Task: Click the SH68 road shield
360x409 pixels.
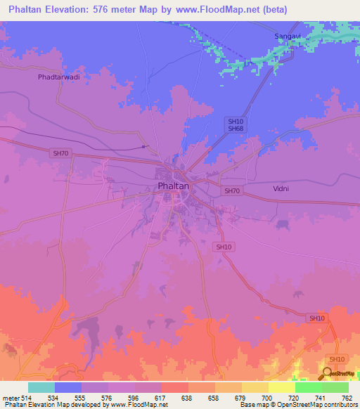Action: pos(235,129)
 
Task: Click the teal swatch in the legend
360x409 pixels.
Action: pos(41,387)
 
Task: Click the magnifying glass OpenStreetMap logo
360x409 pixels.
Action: pos(327,373)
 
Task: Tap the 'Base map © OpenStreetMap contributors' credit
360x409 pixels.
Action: pos(299,405)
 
